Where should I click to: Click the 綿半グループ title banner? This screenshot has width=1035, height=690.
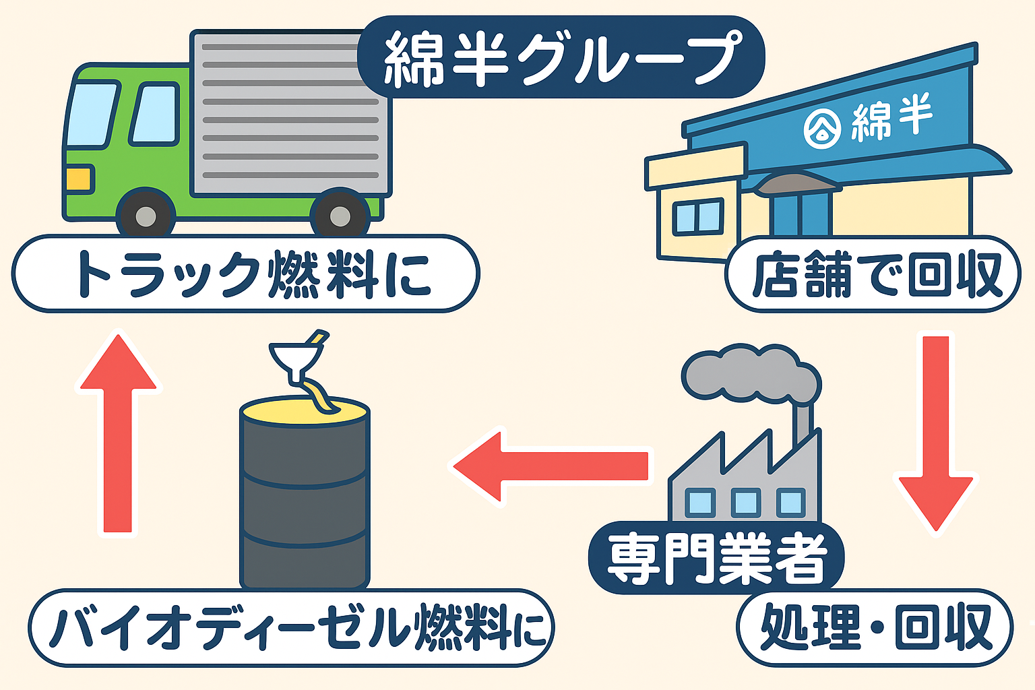point(561,57)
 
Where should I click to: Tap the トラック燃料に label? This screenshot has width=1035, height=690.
point(245,274)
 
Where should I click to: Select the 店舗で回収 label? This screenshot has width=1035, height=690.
point(873,274)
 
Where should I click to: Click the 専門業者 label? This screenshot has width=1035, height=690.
point(716,558)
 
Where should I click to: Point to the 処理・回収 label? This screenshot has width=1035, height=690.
point(875,627)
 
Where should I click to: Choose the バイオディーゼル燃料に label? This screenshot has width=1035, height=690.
point(291,627)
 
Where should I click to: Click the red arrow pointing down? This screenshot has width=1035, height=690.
point(935,431)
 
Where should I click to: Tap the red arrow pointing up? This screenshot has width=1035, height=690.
point(119,431)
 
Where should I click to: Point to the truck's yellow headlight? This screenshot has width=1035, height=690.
point(79,179)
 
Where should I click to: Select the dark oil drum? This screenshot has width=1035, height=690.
point(305,499)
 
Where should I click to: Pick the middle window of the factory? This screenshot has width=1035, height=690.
point(745,503)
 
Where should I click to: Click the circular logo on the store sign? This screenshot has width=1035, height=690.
point(822,128)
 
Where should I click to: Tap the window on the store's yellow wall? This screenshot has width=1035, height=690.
point(699,217)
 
